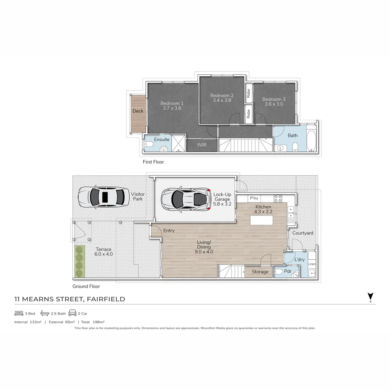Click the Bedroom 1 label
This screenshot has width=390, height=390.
pyautogui.click(x=172, y=103)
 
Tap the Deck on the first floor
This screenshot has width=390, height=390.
pyautogui.click(x=138, y=111)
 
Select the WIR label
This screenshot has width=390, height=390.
pyautogui.click(x=201, y=145)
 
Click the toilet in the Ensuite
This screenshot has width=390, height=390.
pyautogui.click(x=149, y=144)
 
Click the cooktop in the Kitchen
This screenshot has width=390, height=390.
pyautogui.click(x=278, y=198)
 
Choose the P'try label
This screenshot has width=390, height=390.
pyautogui.click(x=254, y=198)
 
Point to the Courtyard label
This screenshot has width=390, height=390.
pyautogui.click(x=303, y=233)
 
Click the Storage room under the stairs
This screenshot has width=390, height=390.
pyautogui.click(x=260, y=272)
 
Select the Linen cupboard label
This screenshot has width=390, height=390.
pyautogui.click(x=312, y=264)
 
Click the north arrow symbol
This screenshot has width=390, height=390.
pyautogui.click(x=370, y=297)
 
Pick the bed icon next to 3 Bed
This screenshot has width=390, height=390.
pyautogui.click(x=19, y=313)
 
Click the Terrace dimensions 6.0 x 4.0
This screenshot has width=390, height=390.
pyautogui.click(x=104, y=254)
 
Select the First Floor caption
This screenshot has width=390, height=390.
pyautogui.click(x=153, y=162)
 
